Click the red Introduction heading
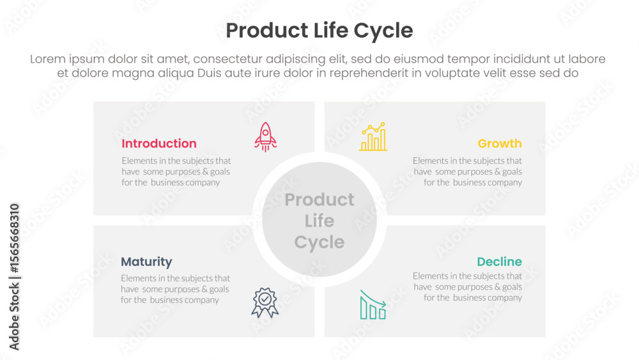pyautogui.click(x=159, y=143)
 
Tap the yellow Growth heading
pyautogui.click(x=500, y=143)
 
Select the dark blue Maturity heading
pyautogui.click(x=146, y=262)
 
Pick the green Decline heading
pyautogui.click(x=499, y=262)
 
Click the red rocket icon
pyautogui.click(x=265, y=137)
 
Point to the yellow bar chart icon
pyautogui.click(x=373, y=137)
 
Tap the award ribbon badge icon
pyautogui.click(x=265, y=302)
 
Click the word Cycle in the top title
pyautogui.click(x=383, y=31)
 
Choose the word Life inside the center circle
pyautogui.click(x=319, y=221)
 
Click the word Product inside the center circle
pyautogui.click(x=319, y=200)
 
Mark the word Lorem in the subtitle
pyautogui.click(x=48, y=59)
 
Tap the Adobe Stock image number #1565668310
pyautogui.click(x=14, y=239)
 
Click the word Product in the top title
pyautogui.click(x=267, y=31)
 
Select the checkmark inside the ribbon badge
pyautogui.click(x=265, y=299)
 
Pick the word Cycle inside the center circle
pyautogui.click(x=319, y=242)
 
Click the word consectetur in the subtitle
pyautogui.click(x=227, y=59)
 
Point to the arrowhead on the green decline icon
pyautogui.click(x=383, y=303)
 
